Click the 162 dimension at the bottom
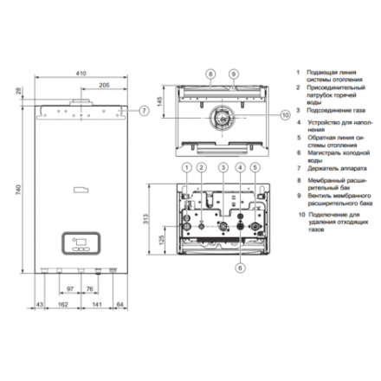coord(63,306)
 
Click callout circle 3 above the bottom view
coord(223,166)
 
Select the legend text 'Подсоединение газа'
coord(334,110)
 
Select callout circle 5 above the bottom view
coord(255,166)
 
